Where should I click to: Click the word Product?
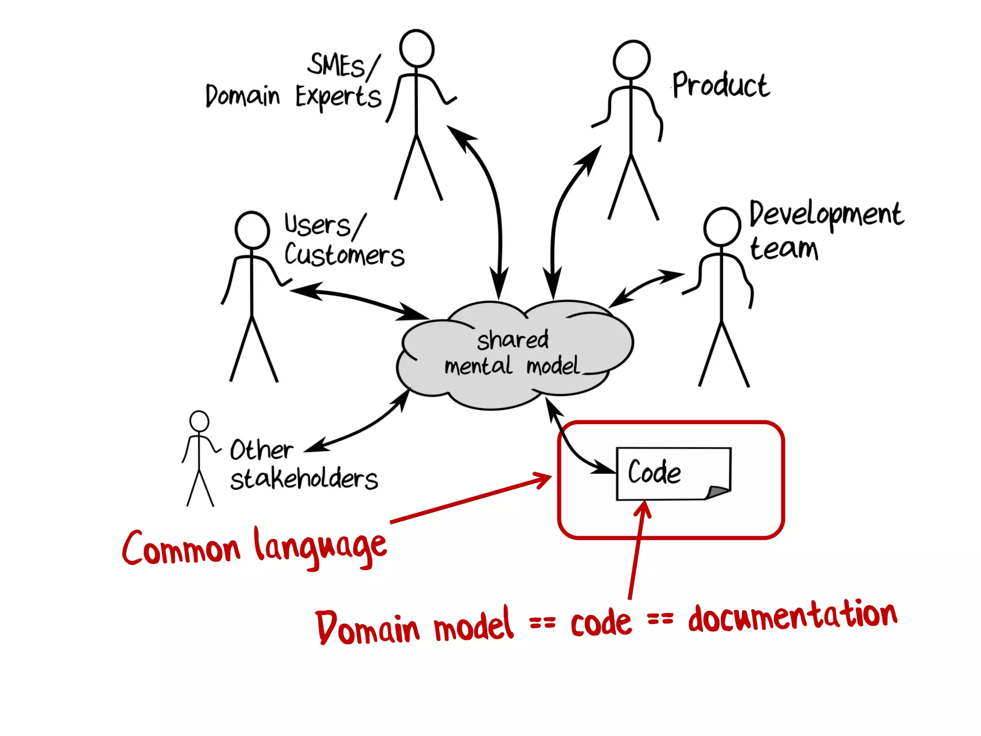pos(721,85)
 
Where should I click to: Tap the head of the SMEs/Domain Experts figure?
pos(417,48)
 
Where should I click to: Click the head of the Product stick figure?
pos(631,59)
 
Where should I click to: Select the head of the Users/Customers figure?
pos(252,230)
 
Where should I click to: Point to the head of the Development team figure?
pos(722,227)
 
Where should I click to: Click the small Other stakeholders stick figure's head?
pos(199,421)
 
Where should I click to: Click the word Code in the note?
pos(654,472)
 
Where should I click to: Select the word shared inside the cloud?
pos(513,340)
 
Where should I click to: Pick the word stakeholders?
pos(304,479)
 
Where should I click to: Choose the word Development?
pos(826,214)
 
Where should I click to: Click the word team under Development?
pos(784,249)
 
